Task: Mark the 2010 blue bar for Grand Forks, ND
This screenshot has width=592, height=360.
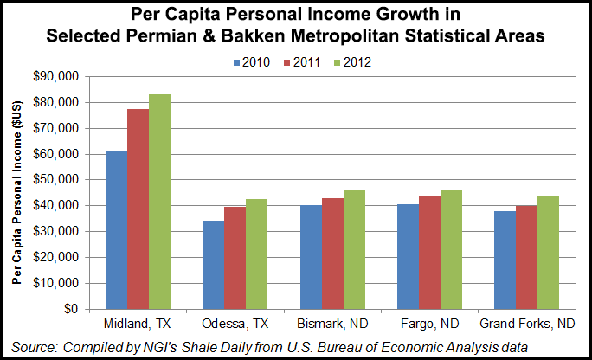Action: [x=504, y=260]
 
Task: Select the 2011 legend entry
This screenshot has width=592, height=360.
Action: [x=299, y=61]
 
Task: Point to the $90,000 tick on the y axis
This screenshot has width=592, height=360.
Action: [x=61, y=77]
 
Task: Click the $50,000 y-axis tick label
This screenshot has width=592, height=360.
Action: [x=61, y=180]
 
